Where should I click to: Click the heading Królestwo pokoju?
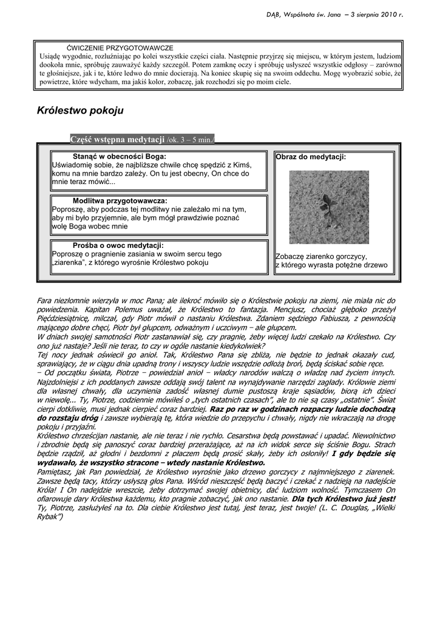tap(80, 111)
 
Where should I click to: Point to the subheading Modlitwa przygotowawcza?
tap(120, 200)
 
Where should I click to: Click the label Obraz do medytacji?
tap(311, 157)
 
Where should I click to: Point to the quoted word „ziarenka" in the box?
tap(70, 262)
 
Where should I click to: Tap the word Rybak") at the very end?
tap(50, 517)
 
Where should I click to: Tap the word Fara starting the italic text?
tap(46, 301)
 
